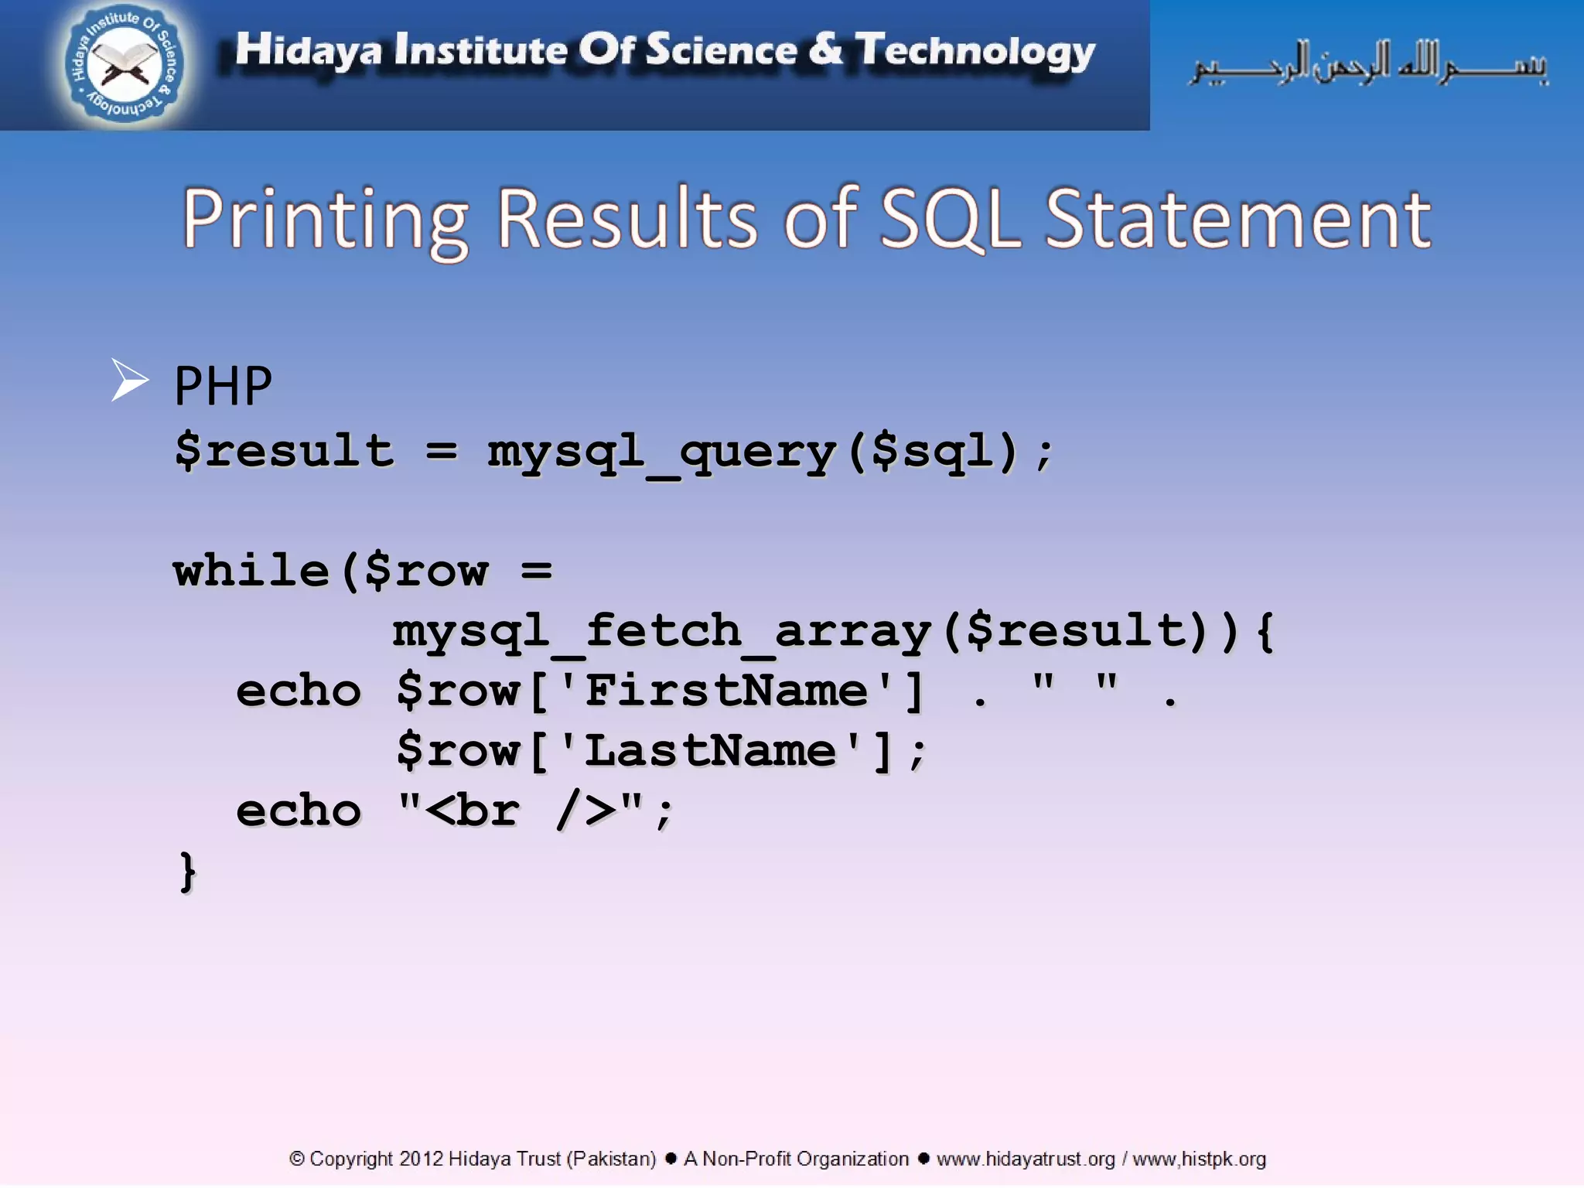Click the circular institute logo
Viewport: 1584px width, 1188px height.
click(x=124, y=63)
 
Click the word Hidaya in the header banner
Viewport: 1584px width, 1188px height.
click(x=308, y=50)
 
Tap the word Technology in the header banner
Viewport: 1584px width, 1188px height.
click(x=975, y=52)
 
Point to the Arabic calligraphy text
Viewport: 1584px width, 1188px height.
click(x=1369, y=63)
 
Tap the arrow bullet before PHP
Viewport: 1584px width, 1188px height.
click(x=128, y=381)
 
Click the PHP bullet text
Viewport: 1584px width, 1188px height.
click(x=223, y=386)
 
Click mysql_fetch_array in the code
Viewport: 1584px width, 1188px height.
click(x=661, y=631)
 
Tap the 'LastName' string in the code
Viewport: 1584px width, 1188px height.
click(x=709, y=751)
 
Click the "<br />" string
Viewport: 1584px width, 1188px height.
click(x=520, y=811)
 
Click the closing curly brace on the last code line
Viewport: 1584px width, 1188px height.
click(x=187, y=872)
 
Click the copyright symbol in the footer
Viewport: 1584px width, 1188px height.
click(x=296, y=1159)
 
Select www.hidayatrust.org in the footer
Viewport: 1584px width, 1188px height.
click(x=1025, y=1159)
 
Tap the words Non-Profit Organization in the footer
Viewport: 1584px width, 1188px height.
click(x=805, y=1159)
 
